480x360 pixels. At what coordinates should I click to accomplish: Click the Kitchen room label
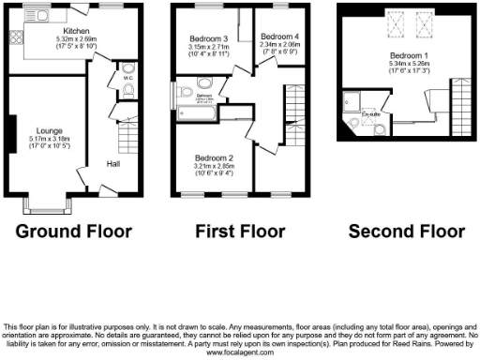(x=76, y=30)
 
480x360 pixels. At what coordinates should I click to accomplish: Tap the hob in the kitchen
(x=16, y=38)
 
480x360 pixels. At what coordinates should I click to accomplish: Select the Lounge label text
(x=50, y=130)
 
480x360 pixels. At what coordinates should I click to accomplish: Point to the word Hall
(x=112, y=163)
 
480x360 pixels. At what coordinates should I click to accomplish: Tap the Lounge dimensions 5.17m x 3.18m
(x=50, y=138)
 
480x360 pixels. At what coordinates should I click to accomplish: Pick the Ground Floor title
(x=73, y=231)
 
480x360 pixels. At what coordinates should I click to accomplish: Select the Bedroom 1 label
(x=407, y=54)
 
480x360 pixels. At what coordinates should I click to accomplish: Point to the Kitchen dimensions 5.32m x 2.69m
(x=76, y=38)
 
